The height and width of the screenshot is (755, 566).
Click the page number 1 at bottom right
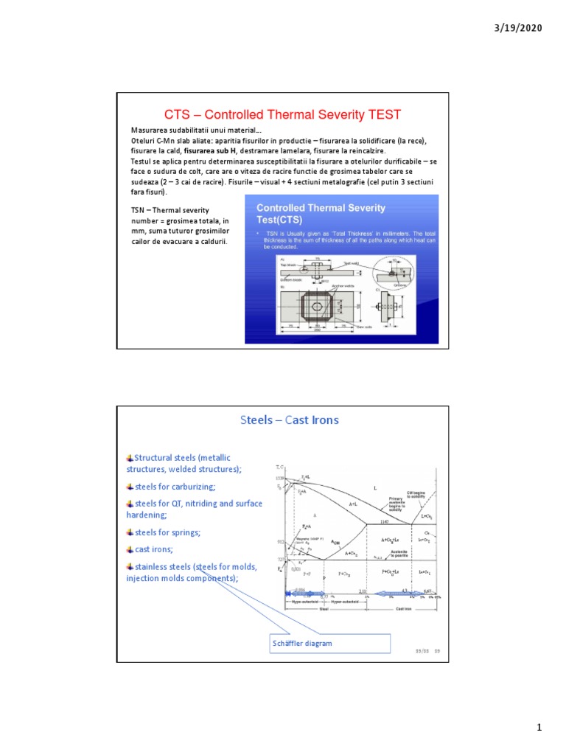[x=539, y=728]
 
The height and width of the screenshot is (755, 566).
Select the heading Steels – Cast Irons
[x=290, y=420]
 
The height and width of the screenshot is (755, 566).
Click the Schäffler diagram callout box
[x=329, y=643]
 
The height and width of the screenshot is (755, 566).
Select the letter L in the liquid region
[x=375, y=488]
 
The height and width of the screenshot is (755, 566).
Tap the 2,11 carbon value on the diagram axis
[x=362, y=591]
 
